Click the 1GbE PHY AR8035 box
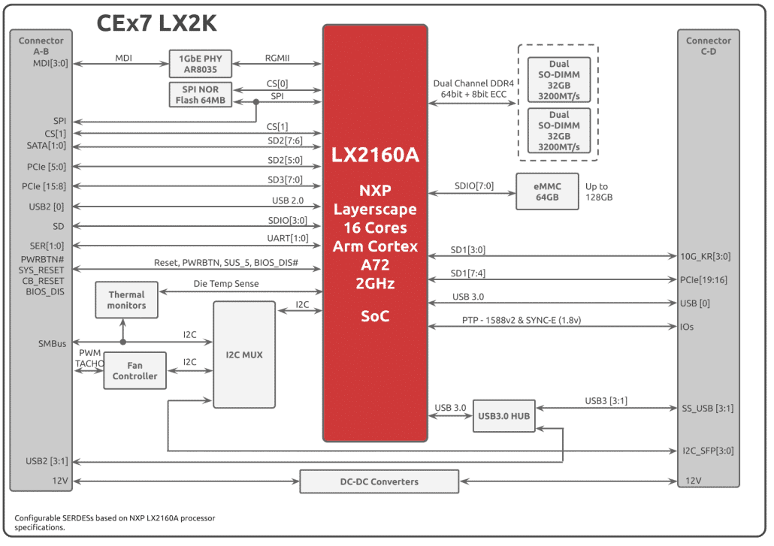201,64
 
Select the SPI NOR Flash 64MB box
201,95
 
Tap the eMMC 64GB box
547,192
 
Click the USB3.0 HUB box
504,416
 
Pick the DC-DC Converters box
379,481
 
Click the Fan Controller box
135,370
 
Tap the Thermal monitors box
127,300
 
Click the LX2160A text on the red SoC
375,155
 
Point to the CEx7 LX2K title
156,24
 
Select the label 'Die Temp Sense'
225,284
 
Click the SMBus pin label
53,343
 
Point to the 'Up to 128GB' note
599,192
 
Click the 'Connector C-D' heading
708,45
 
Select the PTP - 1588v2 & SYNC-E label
522,321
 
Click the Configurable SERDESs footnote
120,522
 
